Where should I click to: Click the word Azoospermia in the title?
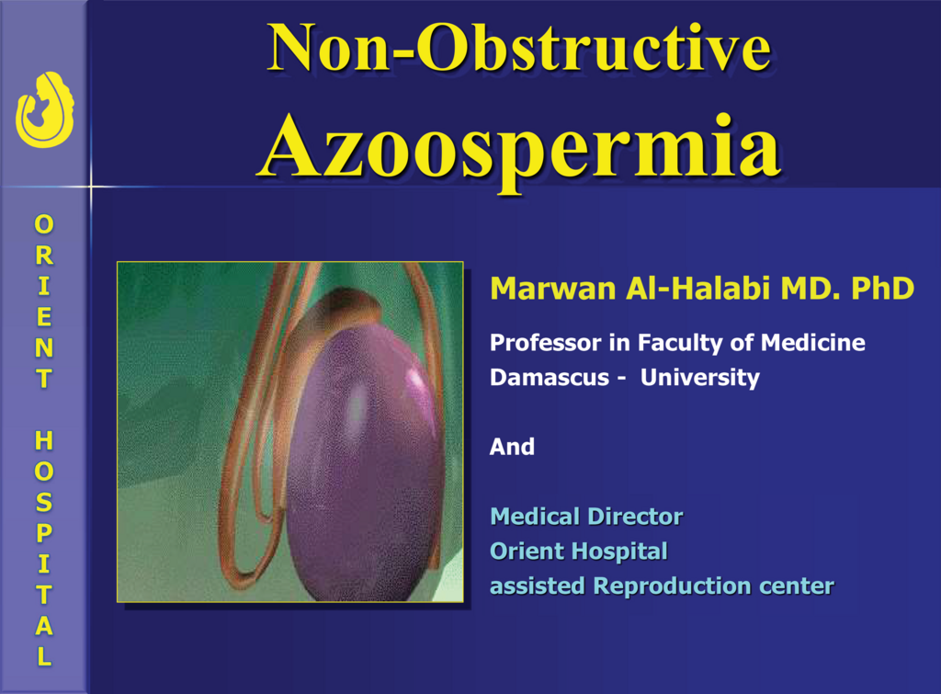click(521, 150)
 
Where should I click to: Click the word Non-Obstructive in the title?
click(519, 48)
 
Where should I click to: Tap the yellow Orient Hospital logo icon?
click(45, 110)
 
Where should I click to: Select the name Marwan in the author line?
click(553, 289)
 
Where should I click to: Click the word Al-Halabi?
click(698, 288)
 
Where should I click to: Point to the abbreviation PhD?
click(883, 289)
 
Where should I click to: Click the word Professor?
click(546, 343)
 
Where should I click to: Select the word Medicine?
click(813, 342)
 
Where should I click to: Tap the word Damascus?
click(550, 377)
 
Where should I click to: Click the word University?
click(699, 378)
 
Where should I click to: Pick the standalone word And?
click(512, 447)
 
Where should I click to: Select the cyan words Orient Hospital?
click(579, 552)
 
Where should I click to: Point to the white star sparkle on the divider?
click(91, 187)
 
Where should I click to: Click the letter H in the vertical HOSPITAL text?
click(44, 440)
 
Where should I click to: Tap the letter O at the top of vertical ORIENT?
click(44, 224)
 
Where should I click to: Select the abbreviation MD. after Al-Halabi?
click(811, 289)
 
